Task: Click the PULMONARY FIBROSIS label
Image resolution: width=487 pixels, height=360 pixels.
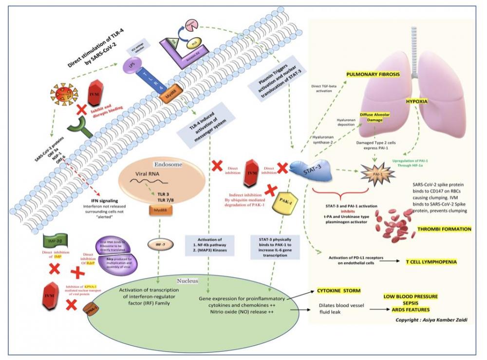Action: coord(373,75)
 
